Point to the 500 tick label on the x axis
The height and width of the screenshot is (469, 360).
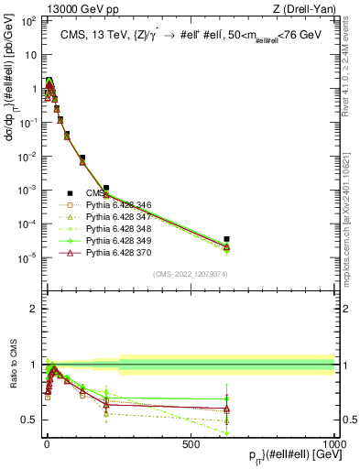pyautogui.click(x=191, y=443)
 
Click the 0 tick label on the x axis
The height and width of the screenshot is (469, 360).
pyautogui.click(x=47, y=443)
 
